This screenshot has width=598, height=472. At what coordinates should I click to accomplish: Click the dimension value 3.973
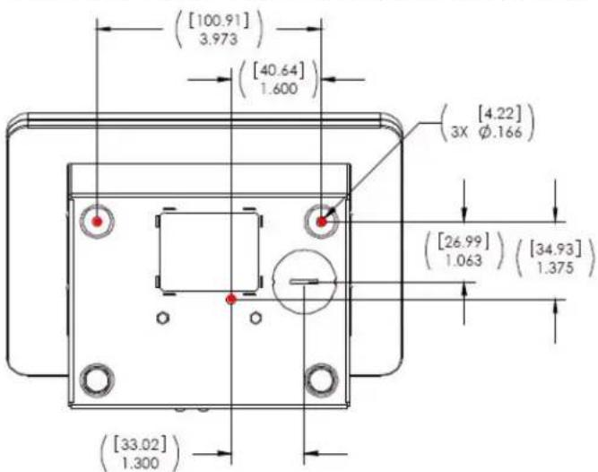pos(219,39)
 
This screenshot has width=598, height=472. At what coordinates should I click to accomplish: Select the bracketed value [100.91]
pos(219,21)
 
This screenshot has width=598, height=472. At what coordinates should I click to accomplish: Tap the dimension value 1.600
pos(279,89)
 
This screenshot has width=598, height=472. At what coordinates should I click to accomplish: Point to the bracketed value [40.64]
pos(279,71)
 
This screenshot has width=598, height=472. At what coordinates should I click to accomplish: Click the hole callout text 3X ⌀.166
pos(487,132)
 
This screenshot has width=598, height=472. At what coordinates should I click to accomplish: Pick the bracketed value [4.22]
pos(498,114)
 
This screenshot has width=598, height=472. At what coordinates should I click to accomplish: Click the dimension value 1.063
pos(464,260)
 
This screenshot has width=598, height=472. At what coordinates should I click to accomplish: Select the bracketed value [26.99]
pos(464,242)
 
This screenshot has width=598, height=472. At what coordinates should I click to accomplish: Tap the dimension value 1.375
pos(555,268)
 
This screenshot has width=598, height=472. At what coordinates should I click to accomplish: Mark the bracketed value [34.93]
pos(555,250)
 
